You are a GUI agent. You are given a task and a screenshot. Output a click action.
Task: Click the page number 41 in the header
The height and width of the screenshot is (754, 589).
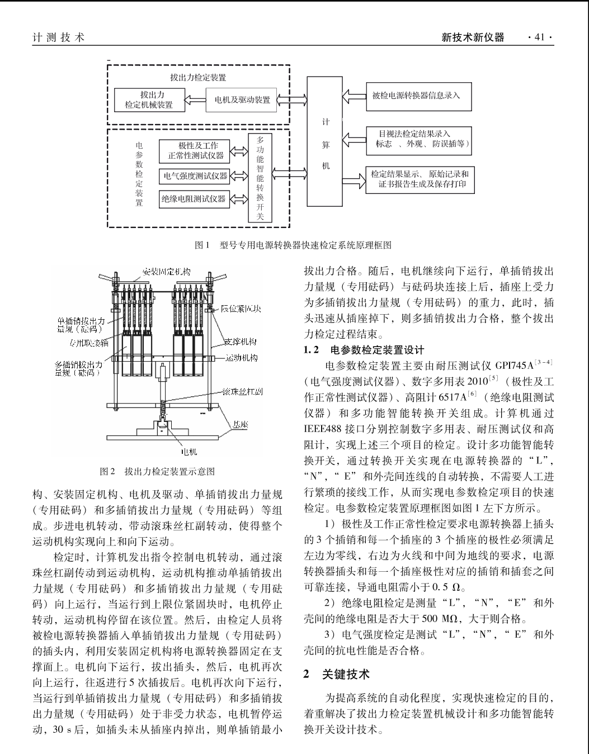(x=540, y=37)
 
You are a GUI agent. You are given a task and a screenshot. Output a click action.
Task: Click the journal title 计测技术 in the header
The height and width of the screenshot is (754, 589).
(x=58, y=37)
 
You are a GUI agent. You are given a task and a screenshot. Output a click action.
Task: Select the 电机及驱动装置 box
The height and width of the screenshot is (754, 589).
(x=241, y=100)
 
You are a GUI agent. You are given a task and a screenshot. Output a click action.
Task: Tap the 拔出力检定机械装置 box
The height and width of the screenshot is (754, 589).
(x=149, y=100)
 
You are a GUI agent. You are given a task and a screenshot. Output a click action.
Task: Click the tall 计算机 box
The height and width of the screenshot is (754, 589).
(x=324, y=141)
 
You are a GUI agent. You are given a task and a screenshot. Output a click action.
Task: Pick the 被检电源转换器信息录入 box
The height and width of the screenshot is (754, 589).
(x=419, y=97)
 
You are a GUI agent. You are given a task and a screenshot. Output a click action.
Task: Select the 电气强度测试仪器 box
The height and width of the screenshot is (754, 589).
(x=194, y=176)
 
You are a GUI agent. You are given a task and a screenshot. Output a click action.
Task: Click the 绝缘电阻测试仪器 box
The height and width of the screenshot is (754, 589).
(x=194, y=199)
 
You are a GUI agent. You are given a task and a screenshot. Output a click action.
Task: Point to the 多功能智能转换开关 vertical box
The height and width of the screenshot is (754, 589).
(x=260, y=178)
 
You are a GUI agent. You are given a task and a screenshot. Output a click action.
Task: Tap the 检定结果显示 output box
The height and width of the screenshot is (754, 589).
(x=420, y=180)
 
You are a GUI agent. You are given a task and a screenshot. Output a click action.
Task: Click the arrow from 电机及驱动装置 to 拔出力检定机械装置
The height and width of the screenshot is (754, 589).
(x=195, y=100)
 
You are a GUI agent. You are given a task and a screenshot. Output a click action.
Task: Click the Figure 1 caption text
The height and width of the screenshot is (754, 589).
(x=293, y=245)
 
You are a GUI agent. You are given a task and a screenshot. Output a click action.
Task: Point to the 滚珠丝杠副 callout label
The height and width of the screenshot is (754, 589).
(x=242, y=392)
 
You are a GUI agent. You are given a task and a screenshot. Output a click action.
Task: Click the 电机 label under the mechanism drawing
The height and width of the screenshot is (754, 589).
(x=189, y=452)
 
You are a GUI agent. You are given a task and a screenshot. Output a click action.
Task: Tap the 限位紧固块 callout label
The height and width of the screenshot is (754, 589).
(x=241, y=309)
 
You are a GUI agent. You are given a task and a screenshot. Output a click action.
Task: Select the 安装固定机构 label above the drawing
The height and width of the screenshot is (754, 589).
(x=167, y=272)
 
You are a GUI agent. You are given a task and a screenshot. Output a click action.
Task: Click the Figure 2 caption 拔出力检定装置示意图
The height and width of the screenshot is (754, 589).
(x=157, y=471)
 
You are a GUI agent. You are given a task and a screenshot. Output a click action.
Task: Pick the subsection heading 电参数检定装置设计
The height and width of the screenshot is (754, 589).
(x=377, y=350)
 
